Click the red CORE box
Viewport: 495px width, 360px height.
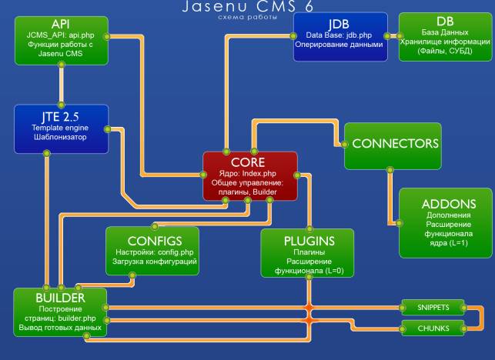tap(249, 175)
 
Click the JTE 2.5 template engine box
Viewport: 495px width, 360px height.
tap(62, 127)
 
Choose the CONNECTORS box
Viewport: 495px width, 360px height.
tap(391, 144)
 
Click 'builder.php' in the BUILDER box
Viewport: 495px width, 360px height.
tap(81, 318)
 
